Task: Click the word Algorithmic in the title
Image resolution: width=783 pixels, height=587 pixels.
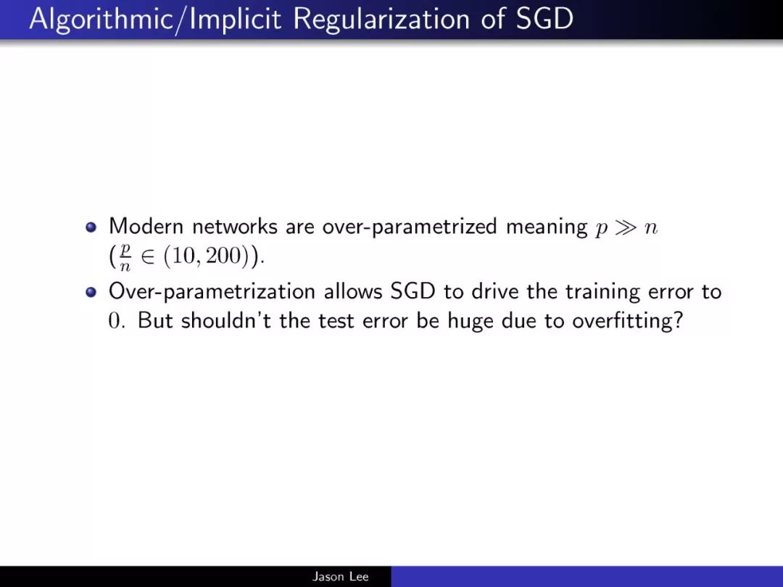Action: coord(100,19)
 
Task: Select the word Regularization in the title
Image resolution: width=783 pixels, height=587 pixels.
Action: coord(381,19)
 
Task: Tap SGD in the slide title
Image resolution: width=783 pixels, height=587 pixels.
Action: coord(544,19)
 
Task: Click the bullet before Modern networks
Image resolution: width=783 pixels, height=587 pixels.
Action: coord(91,228)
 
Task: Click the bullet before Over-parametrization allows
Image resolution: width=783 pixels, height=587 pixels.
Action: coord(91,292)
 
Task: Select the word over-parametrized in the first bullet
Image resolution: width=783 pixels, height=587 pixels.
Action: coord(410,228)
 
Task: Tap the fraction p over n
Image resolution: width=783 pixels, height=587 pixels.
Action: coord(125,257)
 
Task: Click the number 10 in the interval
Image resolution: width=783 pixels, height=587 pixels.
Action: coord(183,256)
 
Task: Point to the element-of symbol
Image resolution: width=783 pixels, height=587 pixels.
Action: coord(147,257)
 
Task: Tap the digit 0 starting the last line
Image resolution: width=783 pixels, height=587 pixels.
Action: coord(115,321)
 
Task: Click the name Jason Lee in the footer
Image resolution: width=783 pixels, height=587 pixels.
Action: coord(341,577)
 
